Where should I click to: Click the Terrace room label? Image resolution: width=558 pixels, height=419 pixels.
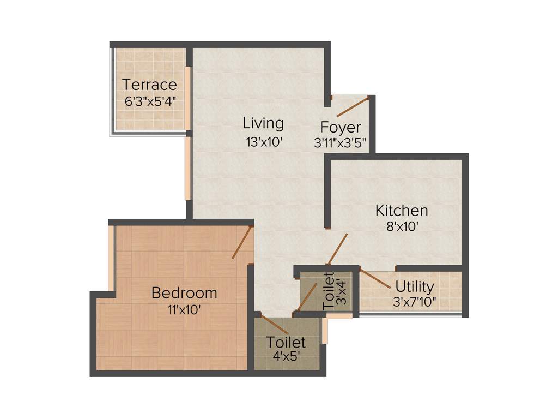tap(149, 85)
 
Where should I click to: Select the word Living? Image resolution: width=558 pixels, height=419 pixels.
tap(263, 123)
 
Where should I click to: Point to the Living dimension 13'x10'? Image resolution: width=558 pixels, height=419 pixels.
tap(264, 142)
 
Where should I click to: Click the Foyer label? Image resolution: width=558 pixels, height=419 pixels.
tap(340, 128)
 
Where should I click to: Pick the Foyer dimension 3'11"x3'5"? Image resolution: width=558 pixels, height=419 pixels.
tap(341, 143)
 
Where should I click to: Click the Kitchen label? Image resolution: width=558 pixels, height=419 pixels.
tap(402, 210)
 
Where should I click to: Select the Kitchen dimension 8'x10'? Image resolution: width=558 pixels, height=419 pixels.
tap(402, 226)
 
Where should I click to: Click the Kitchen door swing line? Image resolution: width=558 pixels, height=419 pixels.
tap(337, 249)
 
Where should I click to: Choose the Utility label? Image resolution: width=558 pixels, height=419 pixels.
tap(415, 286)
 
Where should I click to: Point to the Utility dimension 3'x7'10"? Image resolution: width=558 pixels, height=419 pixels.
tap(415, 302)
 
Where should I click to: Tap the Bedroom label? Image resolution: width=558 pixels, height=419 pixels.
tap(184, 293)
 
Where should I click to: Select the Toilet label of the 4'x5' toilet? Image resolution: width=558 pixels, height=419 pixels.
tap(286, 343)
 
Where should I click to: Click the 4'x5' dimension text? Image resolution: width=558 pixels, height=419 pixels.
tap(286, 358)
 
